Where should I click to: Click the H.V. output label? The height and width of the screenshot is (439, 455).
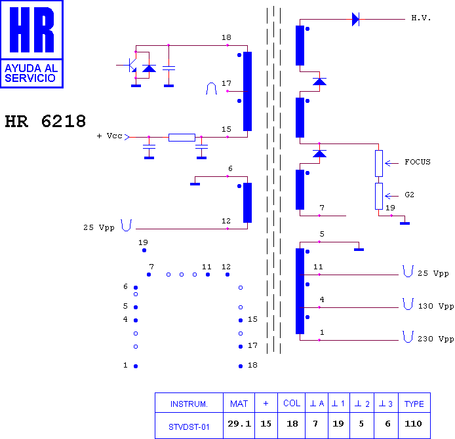coord(421,18)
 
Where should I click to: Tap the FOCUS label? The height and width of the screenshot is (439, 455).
coord(418,162)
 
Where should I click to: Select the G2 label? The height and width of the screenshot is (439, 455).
coord(410,195)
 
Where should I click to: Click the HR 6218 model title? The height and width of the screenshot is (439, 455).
coord(45,121)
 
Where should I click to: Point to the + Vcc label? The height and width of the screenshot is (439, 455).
coord(109,136)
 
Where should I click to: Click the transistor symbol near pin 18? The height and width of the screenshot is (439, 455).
coord(130,66)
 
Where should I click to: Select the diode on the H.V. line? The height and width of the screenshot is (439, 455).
coord(355,20)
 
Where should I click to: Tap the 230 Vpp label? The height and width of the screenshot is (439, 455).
coord(435,339)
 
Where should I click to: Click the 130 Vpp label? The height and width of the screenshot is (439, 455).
coord(435,306)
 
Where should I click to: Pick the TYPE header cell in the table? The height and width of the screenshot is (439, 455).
coord(414,404)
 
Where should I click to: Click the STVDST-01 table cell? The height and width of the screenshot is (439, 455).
coord(189,427)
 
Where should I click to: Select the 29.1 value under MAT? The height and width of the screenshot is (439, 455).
coord(239,424)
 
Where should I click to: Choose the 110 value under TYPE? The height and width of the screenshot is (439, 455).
coord(413,424)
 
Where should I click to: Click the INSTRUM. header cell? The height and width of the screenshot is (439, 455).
coord(189,404)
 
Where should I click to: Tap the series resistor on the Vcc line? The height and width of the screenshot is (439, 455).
coord(182,138)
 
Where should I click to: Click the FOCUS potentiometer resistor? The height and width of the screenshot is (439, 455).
coord(379,164)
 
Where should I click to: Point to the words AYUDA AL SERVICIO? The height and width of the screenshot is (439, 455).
coord(31,73)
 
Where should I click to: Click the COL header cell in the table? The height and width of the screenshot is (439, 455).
coord(292,404)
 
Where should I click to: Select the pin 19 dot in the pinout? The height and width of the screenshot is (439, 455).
coord(144,250)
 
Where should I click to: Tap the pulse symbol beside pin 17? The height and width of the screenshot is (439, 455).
coord(211,88)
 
